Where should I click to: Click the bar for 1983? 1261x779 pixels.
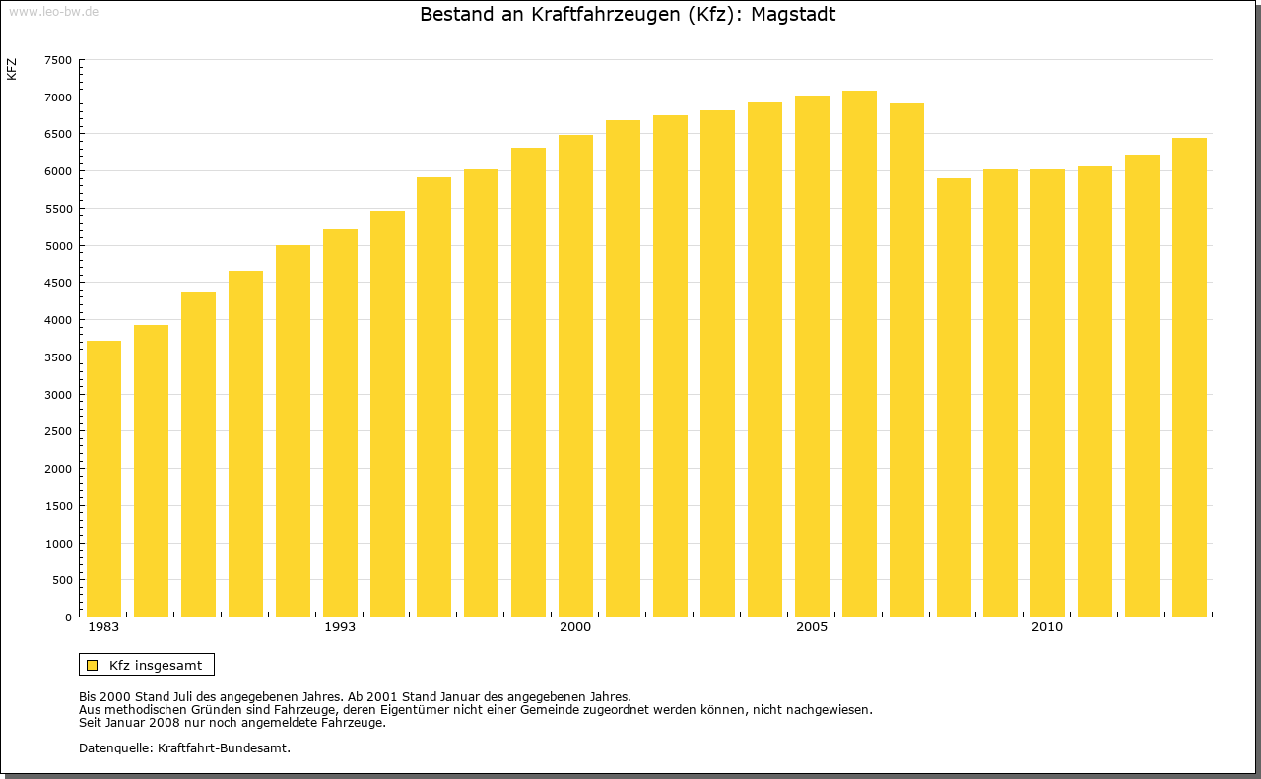tap(103, 479)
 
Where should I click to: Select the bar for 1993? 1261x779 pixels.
tap(340, 423)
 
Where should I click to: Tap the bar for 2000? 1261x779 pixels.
tap(575, 376)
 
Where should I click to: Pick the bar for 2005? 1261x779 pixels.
tap(812, 357)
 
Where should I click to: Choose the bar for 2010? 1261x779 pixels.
tap(1047, 393)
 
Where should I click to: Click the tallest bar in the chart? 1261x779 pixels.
tap(859, 354)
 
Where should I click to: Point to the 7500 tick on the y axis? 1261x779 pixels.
tap(58, 60)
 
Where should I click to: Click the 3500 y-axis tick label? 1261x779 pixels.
tap(58, 357)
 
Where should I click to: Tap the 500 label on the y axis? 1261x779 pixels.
tap(62, 580)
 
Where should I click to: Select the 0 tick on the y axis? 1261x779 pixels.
tap(68, 617)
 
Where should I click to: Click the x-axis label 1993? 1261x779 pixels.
tap(340, 627)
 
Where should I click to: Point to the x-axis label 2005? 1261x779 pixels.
tap(812, 627)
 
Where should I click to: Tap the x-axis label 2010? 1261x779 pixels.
tap(1047, 627)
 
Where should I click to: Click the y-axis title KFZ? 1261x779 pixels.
tap(12, 70)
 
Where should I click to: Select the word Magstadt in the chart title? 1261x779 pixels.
tap(793, 15)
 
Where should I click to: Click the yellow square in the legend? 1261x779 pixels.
tap(93, 665)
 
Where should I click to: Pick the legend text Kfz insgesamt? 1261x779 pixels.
tap(156, 665)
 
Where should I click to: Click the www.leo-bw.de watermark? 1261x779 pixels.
tap(53, 10)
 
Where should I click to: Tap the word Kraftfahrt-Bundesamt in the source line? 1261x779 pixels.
tap(224, 747)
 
